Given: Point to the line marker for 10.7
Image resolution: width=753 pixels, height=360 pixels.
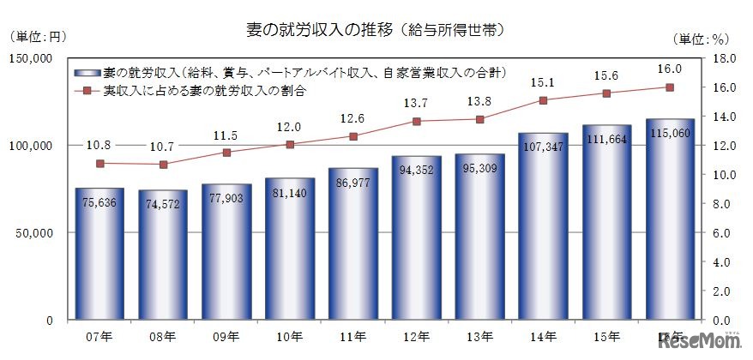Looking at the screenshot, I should click(163, 165).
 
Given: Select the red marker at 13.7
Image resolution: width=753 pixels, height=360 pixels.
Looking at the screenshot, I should click(417, 121).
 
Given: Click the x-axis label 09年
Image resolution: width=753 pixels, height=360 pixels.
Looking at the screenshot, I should click(226, 336).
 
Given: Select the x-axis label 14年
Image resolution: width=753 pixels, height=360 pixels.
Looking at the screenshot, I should click(543, 336).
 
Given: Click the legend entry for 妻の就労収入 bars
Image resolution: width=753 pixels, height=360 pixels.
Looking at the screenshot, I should click(292, 73).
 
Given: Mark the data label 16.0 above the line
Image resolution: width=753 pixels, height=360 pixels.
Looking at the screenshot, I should click(670, 69).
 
